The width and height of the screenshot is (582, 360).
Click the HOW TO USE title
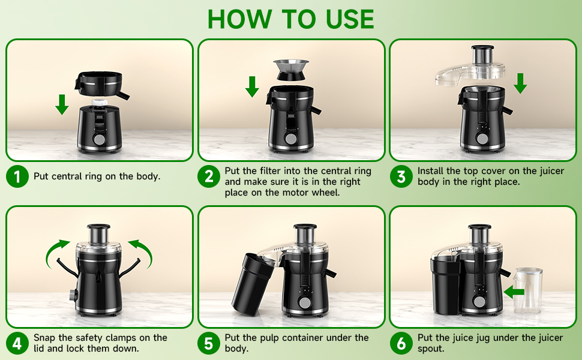[291, 19]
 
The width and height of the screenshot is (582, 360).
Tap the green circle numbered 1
[17, 177]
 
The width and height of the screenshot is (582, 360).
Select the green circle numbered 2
[209, 177]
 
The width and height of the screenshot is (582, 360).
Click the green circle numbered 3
[401, 177]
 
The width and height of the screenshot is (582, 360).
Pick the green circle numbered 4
[17, 344]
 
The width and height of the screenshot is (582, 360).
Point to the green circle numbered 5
[209, 344]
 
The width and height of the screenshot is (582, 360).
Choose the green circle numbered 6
[401, 344]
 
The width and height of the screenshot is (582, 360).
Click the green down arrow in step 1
[62, 104]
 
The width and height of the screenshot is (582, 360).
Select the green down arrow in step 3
[520, 83]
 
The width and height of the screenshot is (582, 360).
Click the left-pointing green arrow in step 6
[514, 292]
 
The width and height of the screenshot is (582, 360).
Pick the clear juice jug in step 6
[529, 290]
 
